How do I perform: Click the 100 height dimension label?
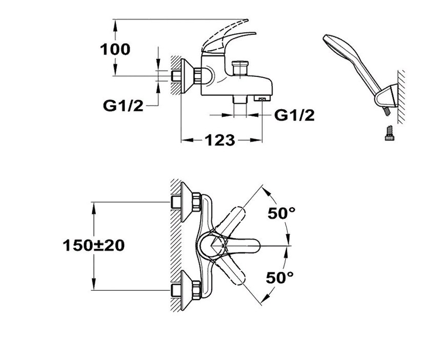click(115, 49)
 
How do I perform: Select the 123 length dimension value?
click(221, 139)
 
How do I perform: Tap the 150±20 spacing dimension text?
click(94, 245)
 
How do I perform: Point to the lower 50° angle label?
click(281, 277)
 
